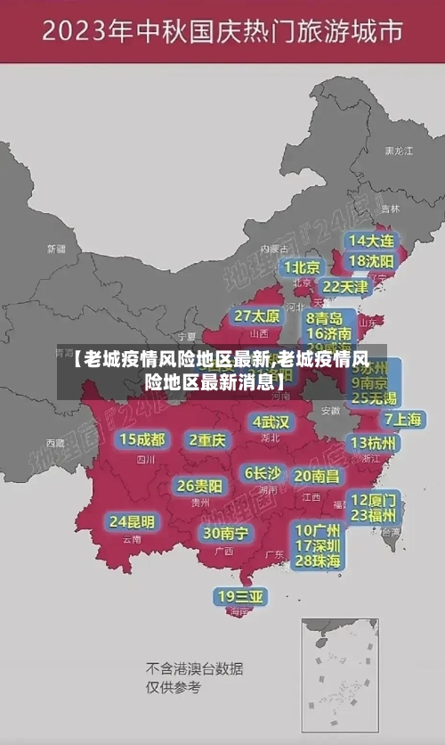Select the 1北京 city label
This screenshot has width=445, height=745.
click(302, 266)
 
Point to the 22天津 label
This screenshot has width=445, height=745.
click(344, 286)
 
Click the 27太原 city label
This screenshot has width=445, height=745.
click(257, 315)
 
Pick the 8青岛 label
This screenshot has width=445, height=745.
click(324, 317)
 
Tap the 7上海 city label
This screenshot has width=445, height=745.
click(402, 419)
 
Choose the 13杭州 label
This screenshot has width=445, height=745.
click(374, 442)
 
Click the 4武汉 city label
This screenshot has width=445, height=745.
click(271, 421)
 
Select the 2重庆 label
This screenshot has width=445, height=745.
click(207, 439)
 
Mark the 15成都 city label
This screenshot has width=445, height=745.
click(142, 438)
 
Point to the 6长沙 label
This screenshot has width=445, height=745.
click(263, 472)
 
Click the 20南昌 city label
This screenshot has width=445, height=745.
click(317, 476)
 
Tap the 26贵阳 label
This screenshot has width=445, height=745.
click(199, 486)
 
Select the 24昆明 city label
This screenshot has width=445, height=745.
click(132, 520)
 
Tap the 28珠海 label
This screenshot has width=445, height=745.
click(318, 561)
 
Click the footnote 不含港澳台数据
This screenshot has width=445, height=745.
click(195, 668)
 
